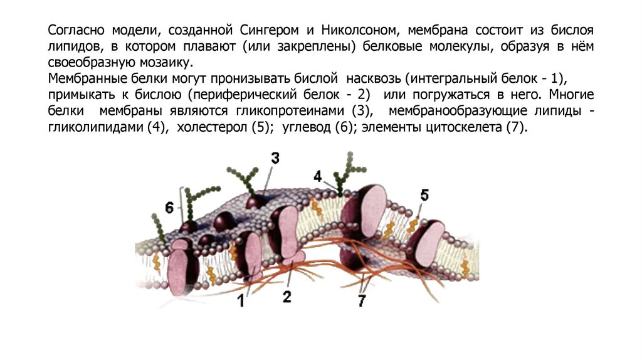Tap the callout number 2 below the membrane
coord(287,297)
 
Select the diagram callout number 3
coord(275,158)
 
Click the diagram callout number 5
coord(424,195)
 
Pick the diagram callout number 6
coord(169,207)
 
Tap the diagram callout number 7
coord(362,300)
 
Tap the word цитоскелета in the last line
coord(463,127)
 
